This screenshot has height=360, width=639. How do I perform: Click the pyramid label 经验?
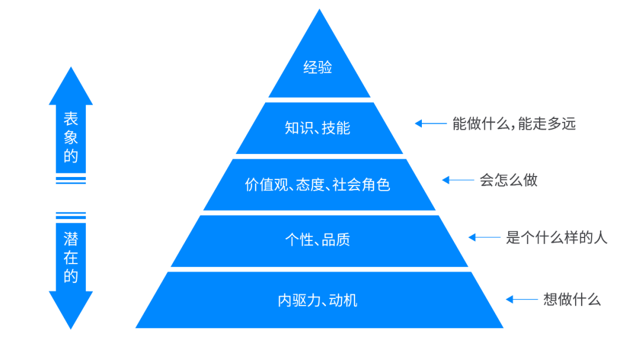(318, 67)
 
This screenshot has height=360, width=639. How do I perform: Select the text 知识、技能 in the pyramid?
(318, 128)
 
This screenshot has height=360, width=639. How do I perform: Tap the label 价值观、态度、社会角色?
(318, 185)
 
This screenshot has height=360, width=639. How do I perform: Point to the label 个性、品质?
(318, 240)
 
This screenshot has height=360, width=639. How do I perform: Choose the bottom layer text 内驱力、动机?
(318, 301)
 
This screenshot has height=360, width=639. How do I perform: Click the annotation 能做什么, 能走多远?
(514, 124)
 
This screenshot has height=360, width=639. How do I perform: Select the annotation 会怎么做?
(508, 180)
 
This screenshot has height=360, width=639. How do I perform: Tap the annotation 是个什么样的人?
(556, 238)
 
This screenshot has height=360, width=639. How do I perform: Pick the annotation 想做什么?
(572, 300)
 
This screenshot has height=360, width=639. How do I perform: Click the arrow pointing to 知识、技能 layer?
(430, 124)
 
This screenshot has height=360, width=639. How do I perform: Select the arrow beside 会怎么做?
(457, 180)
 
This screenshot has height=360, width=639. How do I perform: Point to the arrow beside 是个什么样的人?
(484, 238)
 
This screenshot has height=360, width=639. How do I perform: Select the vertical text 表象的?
(70, 138)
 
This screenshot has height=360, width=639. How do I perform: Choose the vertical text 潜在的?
(70, 258)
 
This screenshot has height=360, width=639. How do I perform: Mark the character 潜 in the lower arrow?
(70, 239)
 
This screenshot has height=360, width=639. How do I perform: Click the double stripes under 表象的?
(70, 180)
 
